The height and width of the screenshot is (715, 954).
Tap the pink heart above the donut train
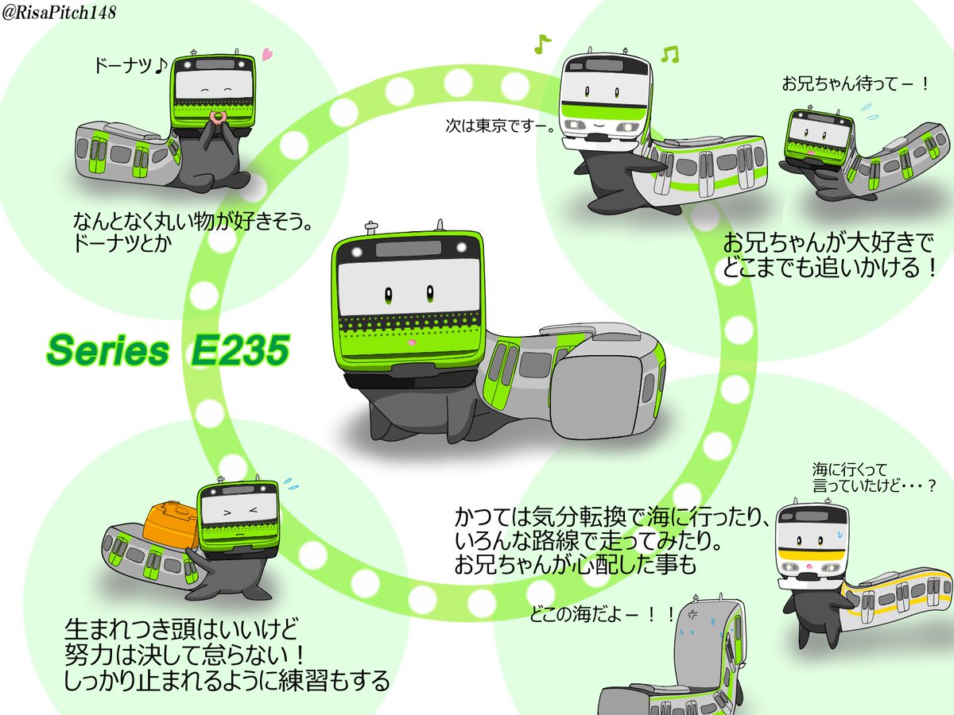(x=267, y=56)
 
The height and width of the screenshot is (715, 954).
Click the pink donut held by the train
(x=217, y=118)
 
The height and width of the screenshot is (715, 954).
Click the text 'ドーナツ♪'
(x=128, y=68)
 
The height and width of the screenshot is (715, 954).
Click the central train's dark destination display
(x=409, y=249)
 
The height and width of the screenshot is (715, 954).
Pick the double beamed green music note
(x=670, y=54)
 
